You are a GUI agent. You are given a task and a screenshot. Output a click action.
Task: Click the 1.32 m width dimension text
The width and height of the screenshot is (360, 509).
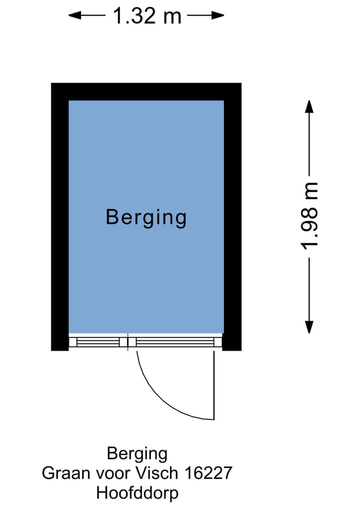pos(146,15)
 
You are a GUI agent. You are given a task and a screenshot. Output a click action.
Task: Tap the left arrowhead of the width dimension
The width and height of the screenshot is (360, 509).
pos(75,15)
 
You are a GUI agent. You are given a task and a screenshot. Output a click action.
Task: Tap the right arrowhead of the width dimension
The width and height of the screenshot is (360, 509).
pos(218,15)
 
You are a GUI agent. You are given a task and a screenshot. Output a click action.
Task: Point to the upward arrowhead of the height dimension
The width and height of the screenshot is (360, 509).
pos(309,107)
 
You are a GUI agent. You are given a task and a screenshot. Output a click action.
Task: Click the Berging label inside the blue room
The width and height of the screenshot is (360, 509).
pos(146,218)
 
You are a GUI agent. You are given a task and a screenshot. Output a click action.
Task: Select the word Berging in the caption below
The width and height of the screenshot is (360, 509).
pos(137,454)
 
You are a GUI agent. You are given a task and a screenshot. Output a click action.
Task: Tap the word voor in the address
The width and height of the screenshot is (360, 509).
pos(113,474)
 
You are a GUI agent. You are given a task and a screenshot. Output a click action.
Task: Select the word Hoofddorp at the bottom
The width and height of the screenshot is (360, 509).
pos(137,493)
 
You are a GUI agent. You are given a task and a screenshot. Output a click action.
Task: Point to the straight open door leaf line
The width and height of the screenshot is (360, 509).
pos(214,385)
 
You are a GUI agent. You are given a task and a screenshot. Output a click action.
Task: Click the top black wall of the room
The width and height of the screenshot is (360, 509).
pos(146,91)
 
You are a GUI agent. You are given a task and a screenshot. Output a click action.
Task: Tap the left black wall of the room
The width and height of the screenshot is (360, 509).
pos(59,217)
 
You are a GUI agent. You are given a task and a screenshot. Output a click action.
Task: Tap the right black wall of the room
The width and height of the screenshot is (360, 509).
pos(232,217)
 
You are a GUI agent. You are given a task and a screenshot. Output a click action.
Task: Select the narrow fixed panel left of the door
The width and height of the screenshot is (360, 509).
pos(98,342)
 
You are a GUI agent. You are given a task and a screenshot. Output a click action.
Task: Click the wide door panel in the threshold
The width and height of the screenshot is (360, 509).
pos(175,342)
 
